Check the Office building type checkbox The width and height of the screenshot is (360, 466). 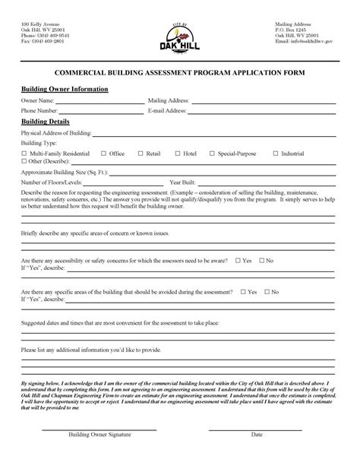pyautogui.click(x=104, y=154)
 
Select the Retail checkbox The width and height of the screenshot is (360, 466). pyautogui.click(x=141, y=154)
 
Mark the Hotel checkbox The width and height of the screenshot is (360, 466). pyautogui.click(x=177, y=154)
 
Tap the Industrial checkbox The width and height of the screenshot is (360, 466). pyautogui.click(x=275, y=154)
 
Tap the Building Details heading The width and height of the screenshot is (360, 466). pyautogui.click(x=46, y=122)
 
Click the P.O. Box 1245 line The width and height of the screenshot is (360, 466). pyautogui.click(x=290, y=30)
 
